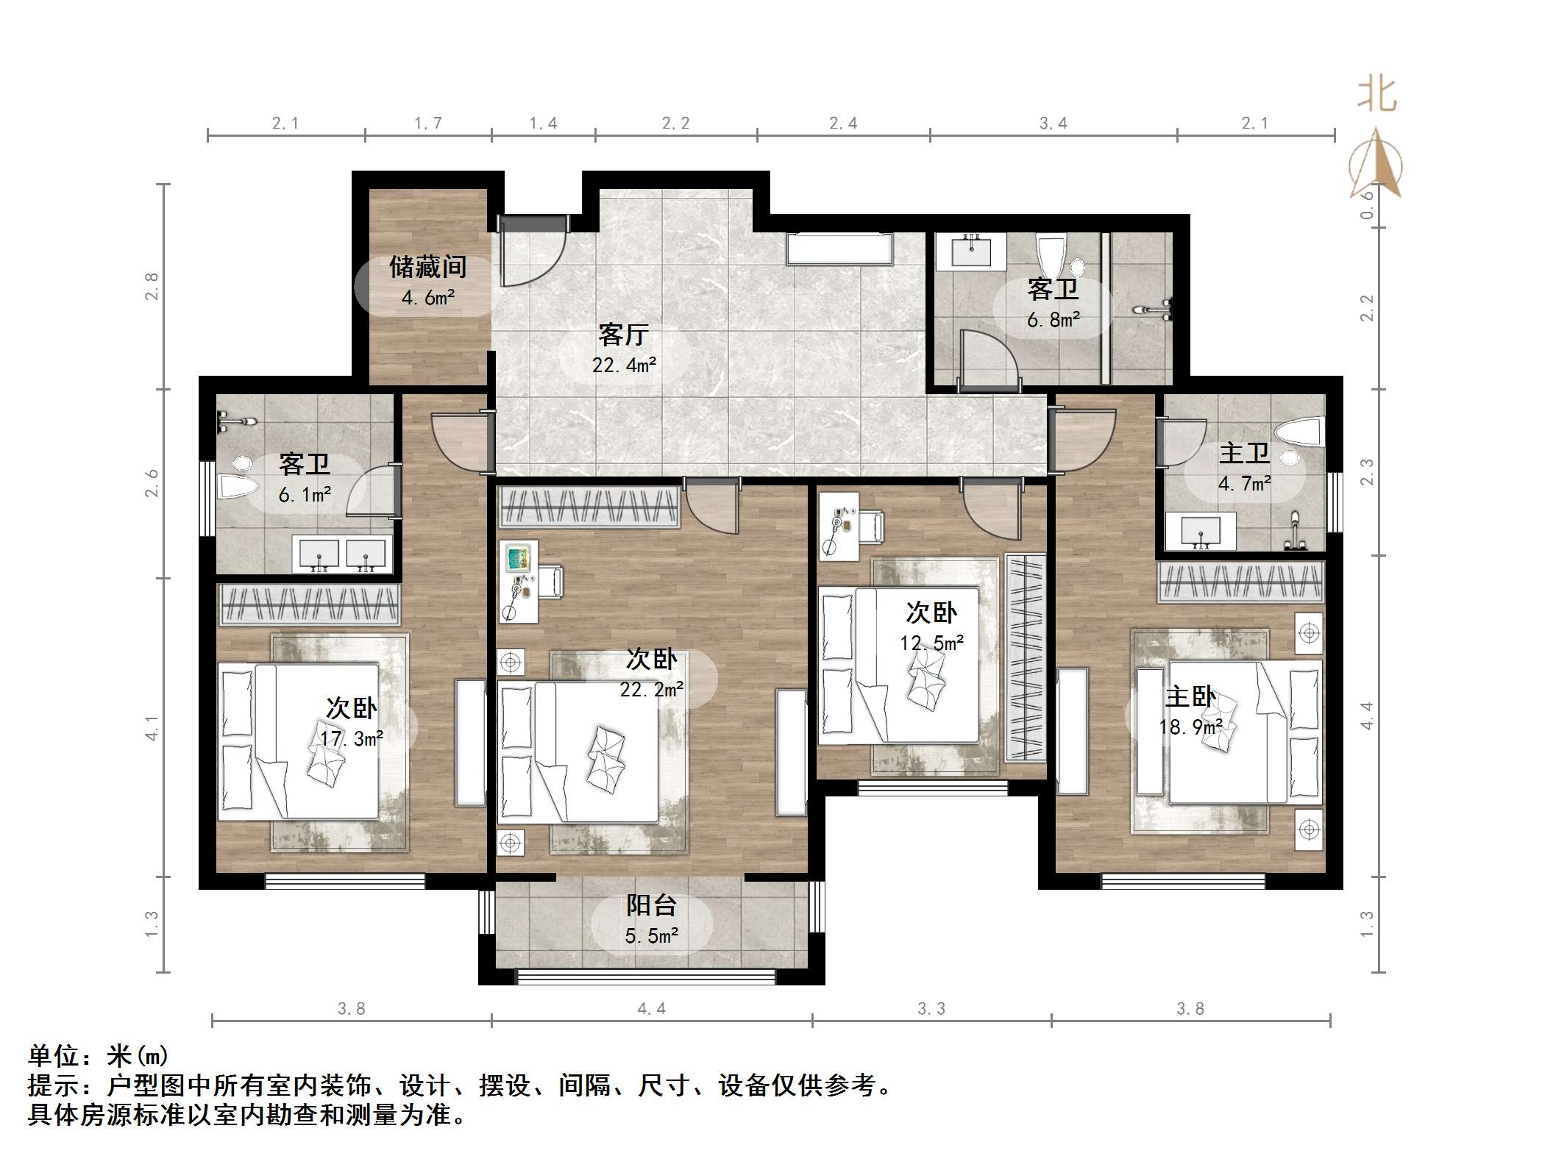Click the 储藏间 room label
tap(427, 267)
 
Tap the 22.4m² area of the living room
tap(624, 365)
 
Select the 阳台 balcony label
tap(651, 905)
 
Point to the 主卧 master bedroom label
tap(1190, 696)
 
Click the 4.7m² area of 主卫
tap(1244, 484)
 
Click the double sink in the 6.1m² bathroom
tap(342, 554)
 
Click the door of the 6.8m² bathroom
tap(988, 360)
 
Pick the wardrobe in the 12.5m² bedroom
tap(1026, 657)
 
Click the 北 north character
tap(1376, 96)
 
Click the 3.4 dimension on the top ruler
tap(1053, 124)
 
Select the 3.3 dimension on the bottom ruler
tap(931, 1009)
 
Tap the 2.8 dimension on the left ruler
tap(152, 286)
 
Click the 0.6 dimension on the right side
tap(1367, 205)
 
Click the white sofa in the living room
tap(839, 249)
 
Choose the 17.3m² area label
tap(352, 738)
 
